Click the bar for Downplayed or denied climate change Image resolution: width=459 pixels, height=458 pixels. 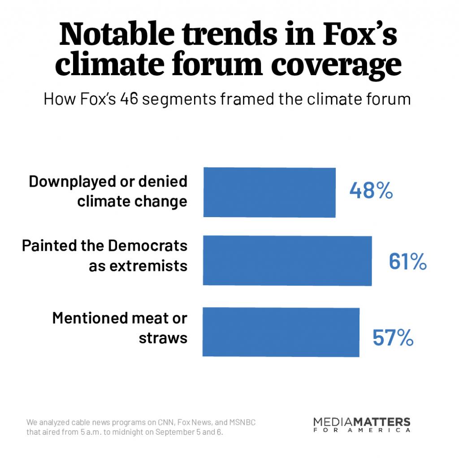click(x=269, y=193)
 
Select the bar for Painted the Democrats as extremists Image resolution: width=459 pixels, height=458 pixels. click(x=287, y=261)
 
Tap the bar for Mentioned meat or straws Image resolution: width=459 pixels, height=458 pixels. click(x=281, y=332)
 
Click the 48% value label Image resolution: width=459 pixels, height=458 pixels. click(x=371, y=191)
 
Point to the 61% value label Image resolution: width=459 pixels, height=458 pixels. click(x=407, y=262)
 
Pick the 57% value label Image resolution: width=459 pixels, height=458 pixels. click(x=393, y=338)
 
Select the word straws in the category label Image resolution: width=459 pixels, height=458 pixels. click(x=163, y=338)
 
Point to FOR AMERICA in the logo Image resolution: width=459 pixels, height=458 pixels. click(x=362, y=430)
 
